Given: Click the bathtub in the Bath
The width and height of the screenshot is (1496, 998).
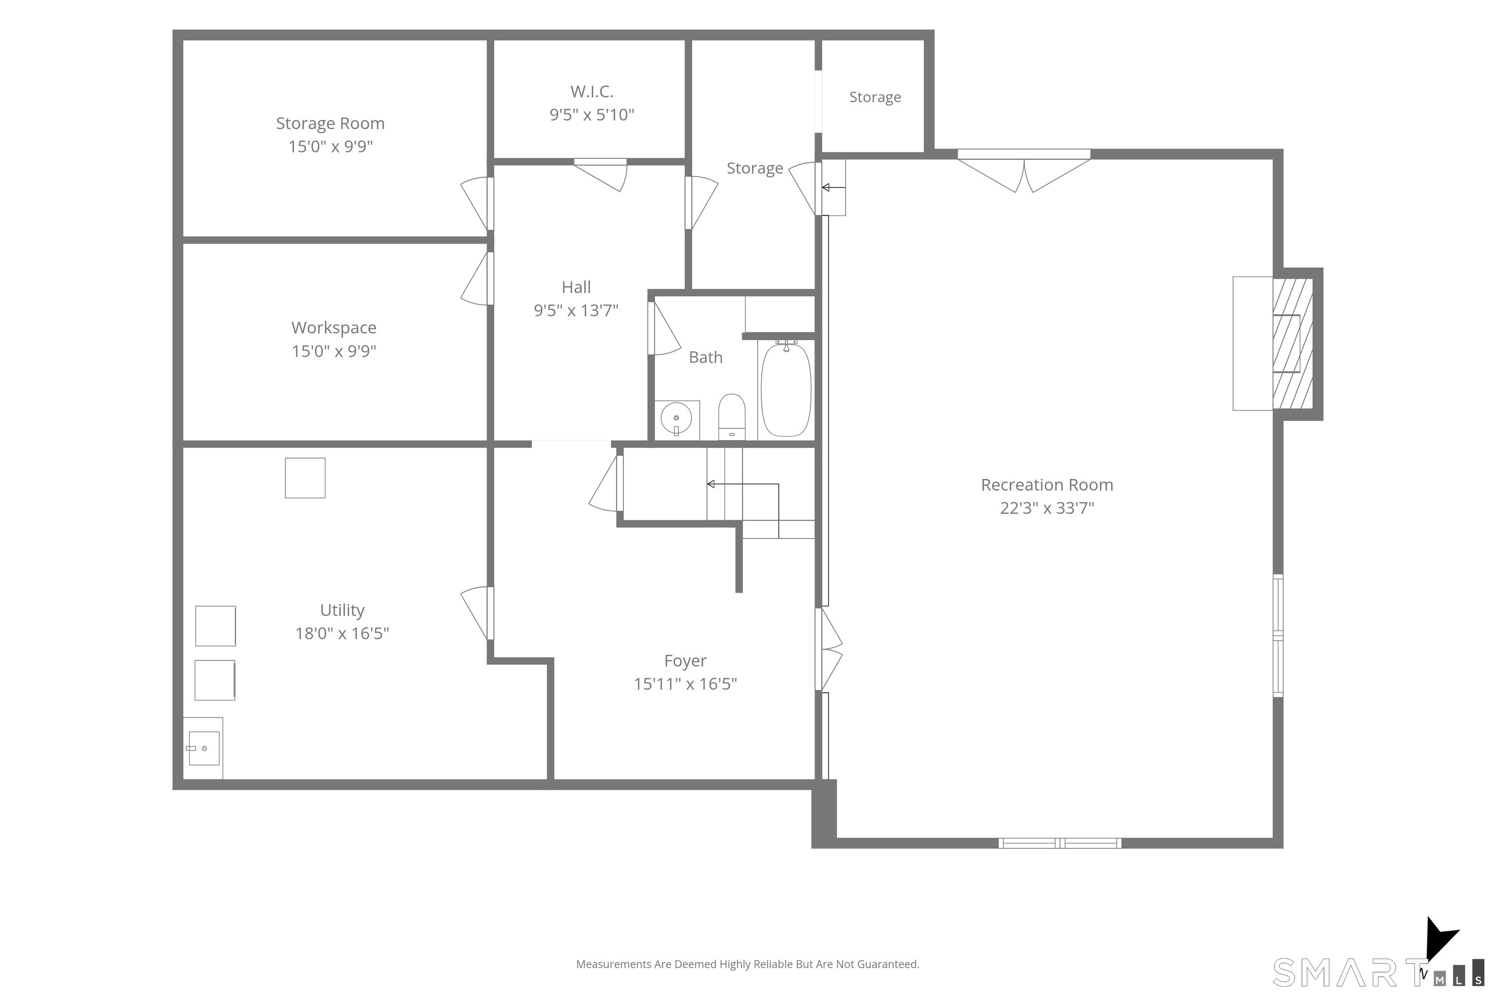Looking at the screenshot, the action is tap(786, 389).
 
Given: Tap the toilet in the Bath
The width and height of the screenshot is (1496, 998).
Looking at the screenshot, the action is tap(731, 417).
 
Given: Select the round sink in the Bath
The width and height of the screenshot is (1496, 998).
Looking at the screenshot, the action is tap(676, 419).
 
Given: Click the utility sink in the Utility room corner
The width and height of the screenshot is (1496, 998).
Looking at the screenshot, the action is tap(204, 748).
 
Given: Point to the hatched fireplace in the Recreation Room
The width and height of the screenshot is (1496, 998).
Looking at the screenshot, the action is tap(1292, 343).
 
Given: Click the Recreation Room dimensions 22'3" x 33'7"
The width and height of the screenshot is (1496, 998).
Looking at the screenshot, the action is tap(1047, 508).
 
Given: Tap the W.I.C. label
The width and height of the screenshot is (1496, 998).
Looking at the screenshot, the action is tap(592, 92).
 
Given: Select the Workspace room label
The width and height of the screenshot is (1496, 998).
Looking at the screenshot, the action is tap(334, 328).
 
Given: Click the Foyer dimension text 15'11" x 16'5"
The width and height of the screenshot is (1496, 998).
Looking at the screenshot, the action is tap(685, 684).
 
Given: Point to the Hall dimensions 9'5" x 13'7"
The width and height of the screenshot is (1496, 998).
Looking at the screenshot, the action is tap(576, 310).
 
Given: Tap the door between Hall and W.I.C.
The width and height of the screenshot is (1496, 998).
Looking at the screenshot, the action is tap(601, 174).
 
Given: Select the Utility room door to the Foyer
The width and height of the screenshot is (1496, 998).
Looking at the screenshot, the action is tap(477, 613).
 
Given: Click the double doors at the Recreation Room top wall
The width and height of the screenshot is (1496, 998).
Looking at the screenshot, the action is tap(1024, 171).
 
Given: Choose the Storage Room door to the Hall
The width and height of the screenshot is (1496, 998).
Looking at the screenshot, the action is tap(477, 204).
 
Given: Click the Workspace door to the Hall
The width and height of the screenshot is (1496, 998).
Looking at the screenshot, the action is tap(477, 278).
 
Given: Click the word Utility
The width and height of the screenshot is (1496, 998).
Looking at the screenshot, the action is tap(342, 611).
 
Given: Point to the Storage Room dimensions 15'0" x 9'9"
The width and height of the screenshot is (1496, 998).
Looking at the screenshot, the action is tap(330, 146).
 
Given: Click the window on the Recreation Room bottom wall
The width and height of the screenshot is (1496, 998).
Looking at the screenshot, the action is tap(1060, 844).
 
